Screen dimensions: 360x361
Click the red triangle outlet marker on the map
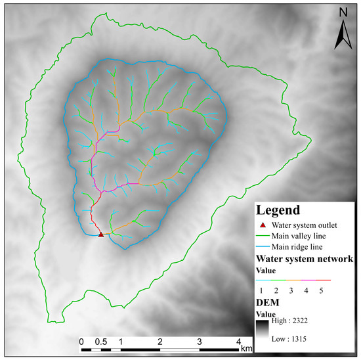click(x=100, y=234)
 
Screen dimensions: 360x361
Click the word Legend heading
click(x=278, y=211)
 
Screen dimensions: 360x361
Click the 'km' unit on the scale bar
click(x=246, y=346)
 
